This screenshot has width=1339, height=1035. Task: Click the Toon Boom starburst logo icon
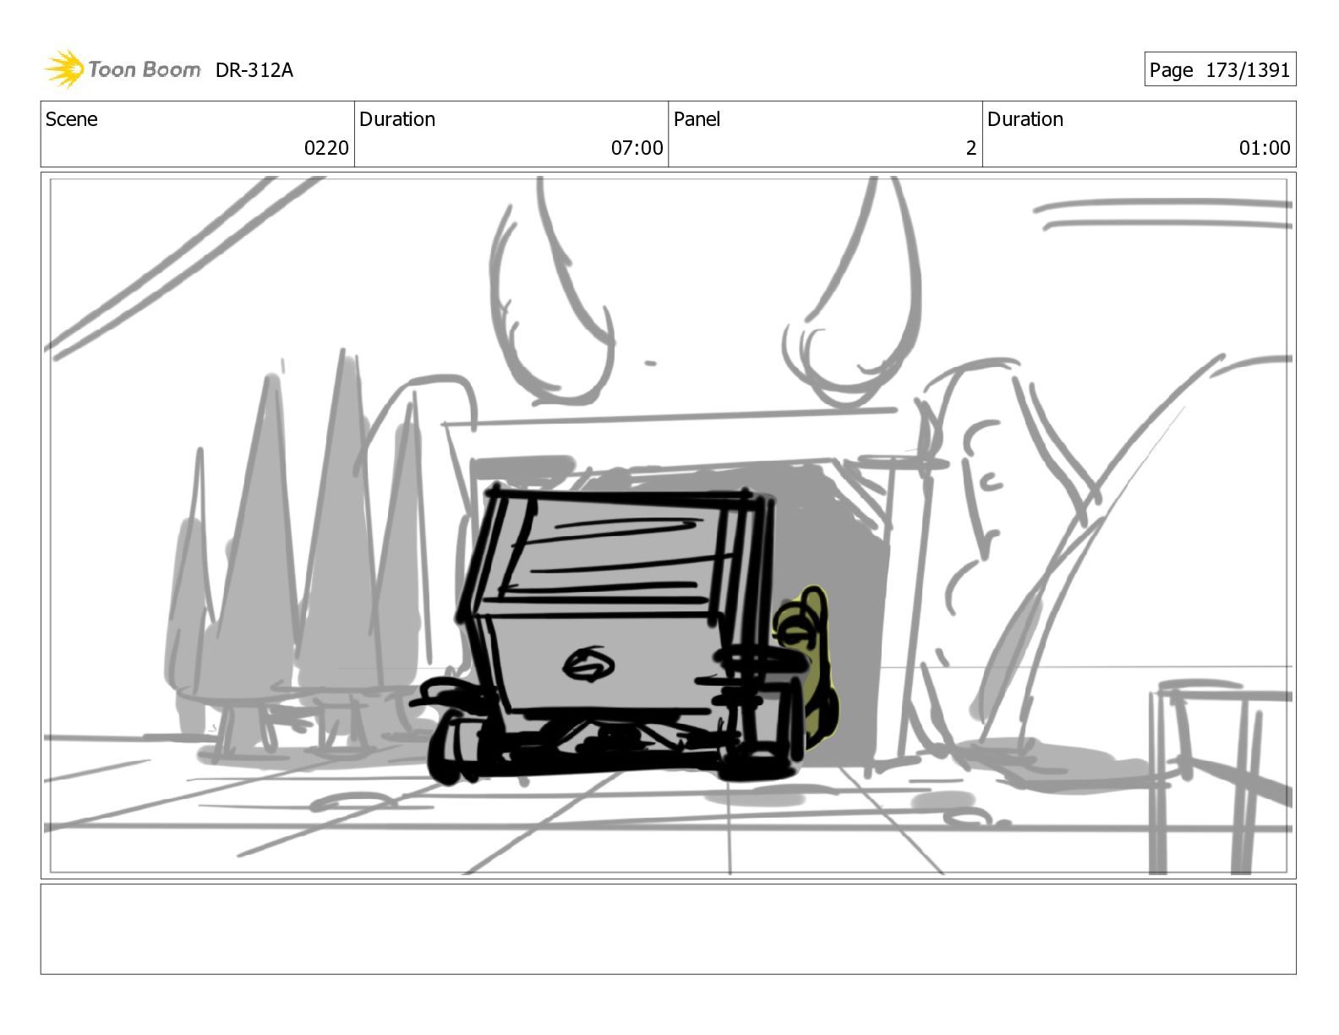pyautogui.click(x=65, y=68)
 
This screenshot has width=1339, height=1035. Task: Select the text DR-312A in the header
pyautogui.click(x=254, y=70)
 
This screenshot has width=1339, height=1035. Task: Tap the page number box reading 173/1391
pyautogui.click(x=1220, y=69)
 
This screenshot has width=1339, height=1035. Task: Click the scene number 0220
pyautogui.click(x=326, y=148)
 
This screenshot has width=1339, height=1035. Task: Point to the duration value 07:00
pyautogui.click(x=637, y=148)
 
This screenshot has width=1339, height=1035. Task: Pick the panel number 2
pyautogui.click(x=970, y=148)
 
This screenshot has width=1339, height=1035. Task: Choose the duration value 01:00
pyautogui.click(x=1265, y=148)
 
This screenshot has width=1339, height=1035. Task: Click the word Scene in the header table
pyautogui.click(x=72, y=119)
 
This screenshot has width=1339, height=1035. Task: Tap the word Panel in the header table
pyautogui.click(x=697, y=119)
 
